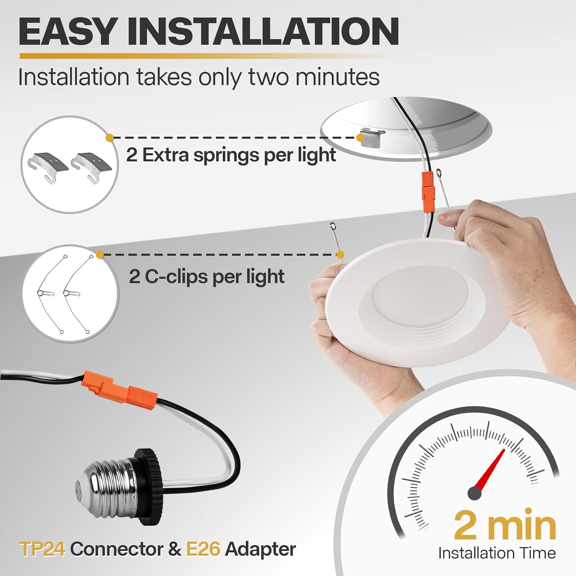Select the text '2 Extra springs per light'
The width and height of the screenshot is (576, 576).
[231, 155]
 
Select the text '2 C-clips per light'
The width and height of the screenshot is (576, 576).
[207, 276]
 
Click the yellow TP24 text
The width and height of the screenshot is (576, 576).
[42, 549]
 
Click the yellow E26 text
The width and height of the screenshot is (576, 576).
[203, 549]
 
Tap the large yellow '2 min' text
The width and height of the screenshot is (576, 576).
[505, 525]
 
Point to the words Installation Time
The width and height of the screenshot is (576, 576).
[497, 553]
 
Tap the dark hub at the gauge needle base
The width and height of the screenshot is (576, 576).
[475, 493]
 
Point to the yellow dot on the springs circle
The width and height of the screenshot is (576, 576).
[109, 137]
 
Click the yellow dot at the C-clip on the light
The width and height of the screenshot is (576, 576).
[340, 254]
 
